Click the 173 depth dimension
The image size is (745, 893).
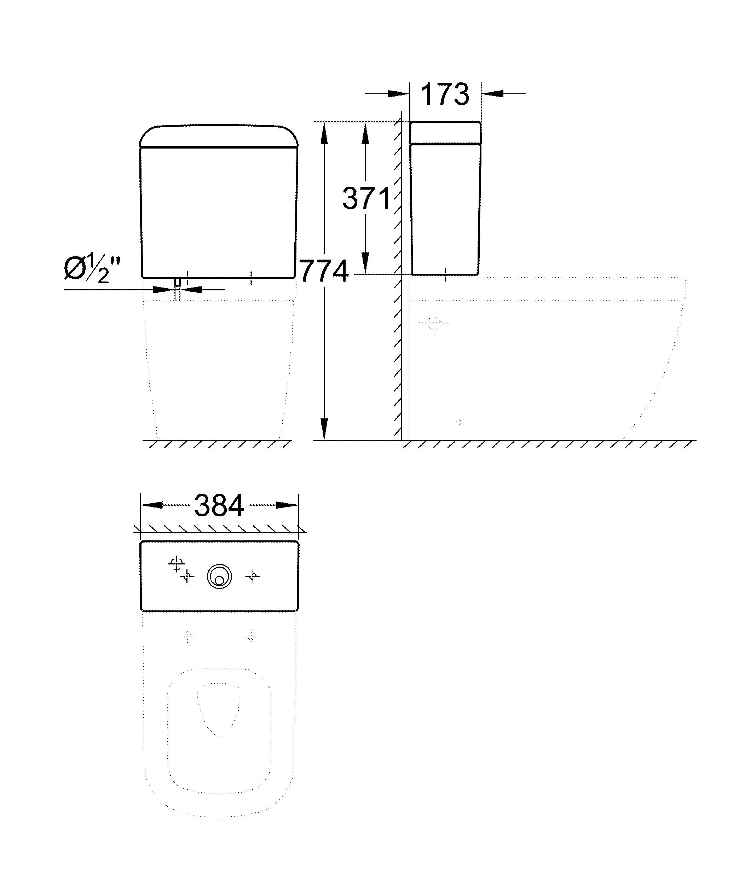(445, 94)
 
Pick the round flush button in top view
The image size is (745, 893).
(219, 577)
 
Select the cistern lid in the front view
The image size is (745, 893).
(219, 136)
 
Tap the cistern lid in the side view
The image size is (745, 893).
(445, 133)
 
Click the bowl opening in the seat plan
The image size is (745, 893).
(219, 708)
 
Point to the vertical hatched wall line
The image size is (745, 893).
(398, 277)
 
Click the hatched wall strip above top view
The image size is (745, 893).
(219, 529)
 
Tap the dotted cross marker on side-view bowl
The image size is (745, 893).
(434, 323)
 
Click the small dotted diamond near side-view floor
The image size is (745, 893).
(459, 422)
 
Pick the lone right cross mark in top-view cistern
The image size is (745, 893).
(253, 576)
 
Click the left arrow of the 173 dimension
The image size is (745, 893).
(398, 94)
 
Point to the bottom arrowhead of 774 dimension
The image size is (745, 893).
(324, 429)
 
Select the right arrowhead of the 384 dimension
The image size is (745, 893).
(287, 505)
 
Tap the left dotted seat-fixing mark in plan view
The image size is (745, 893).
(187, 637)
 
